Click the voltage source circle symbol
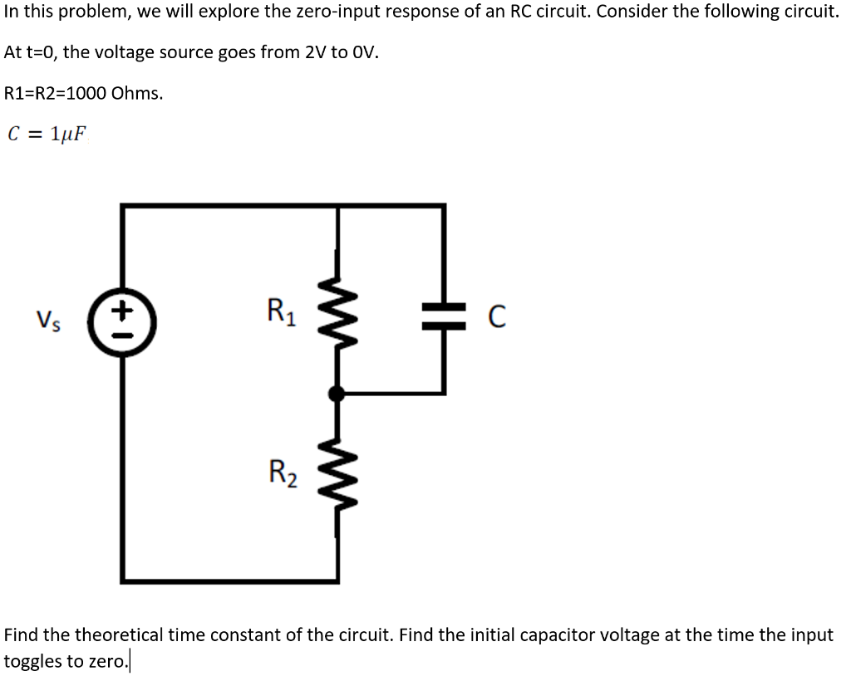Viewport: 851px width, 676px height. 123,318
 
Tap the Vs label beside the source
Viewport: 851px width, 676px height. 47,319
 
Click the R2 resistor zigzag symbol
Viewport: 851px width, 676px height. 337,474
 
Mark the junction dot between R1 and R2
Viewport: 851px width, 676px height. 337,394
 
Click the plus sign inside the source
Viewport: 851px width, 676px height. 123,308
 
